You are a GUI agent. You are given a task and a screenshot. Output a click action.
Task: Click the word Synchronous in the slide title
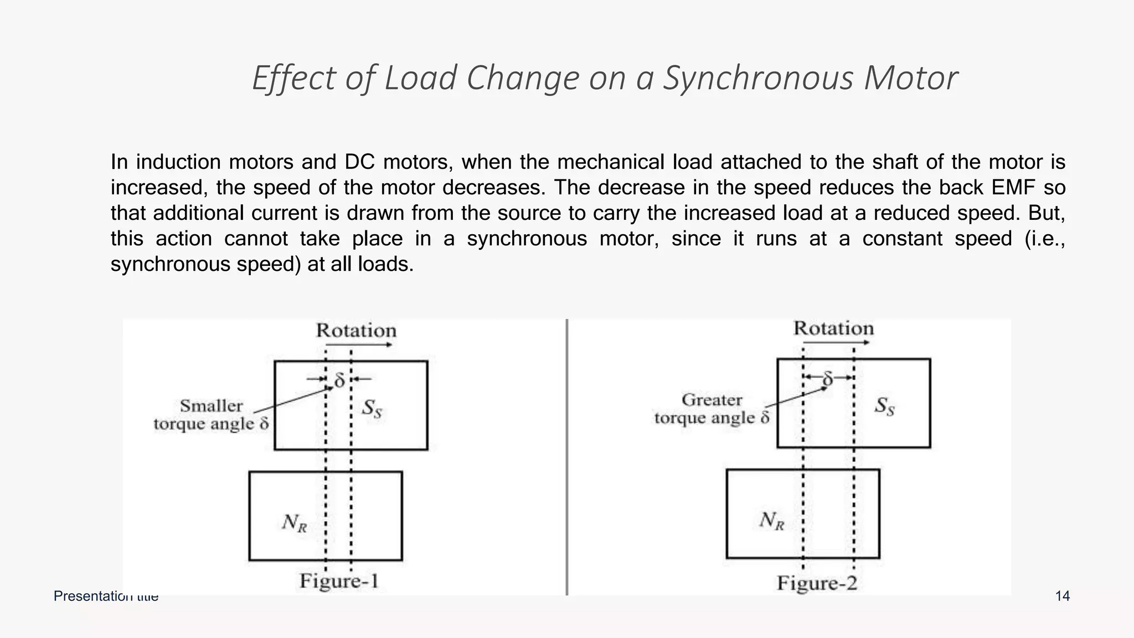coord(757,78)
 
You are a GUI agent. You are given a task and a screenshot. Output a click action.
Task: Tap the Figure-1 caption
coord(339,581)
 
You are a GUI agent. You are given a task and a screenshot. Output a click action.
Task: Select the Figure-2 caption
coord(817,583)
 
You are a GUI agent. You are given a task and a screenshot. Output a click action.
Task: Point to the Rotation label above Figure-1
coord(356,331)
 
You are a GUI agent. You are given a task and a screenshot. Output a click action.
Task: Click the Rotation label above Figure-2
coord(833,328)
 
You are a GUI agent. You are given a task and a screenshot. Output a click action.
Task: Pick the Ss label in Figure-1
coord(372,409)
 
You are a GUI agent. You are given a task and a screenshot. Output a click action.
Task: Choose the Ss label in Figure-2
coord(884,407)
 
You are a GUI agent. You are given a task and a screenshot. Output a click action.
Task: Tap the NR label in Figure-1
coord(294,522)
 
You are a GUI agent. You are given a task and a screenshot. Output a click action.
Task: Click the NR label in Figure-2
coord(771,521)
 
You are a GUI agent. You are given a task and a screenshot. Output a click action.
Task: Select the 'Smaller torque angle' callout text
coord(211,415)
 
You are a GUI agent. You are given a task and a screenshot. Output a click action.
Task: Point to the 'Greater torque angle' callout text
coord(712,409)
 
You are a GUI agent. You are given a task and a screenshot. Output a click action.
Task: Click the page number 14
coord(1062,596)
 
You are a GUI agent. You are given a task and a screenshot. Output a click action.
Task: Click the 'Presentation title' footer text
coord(106,596)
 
